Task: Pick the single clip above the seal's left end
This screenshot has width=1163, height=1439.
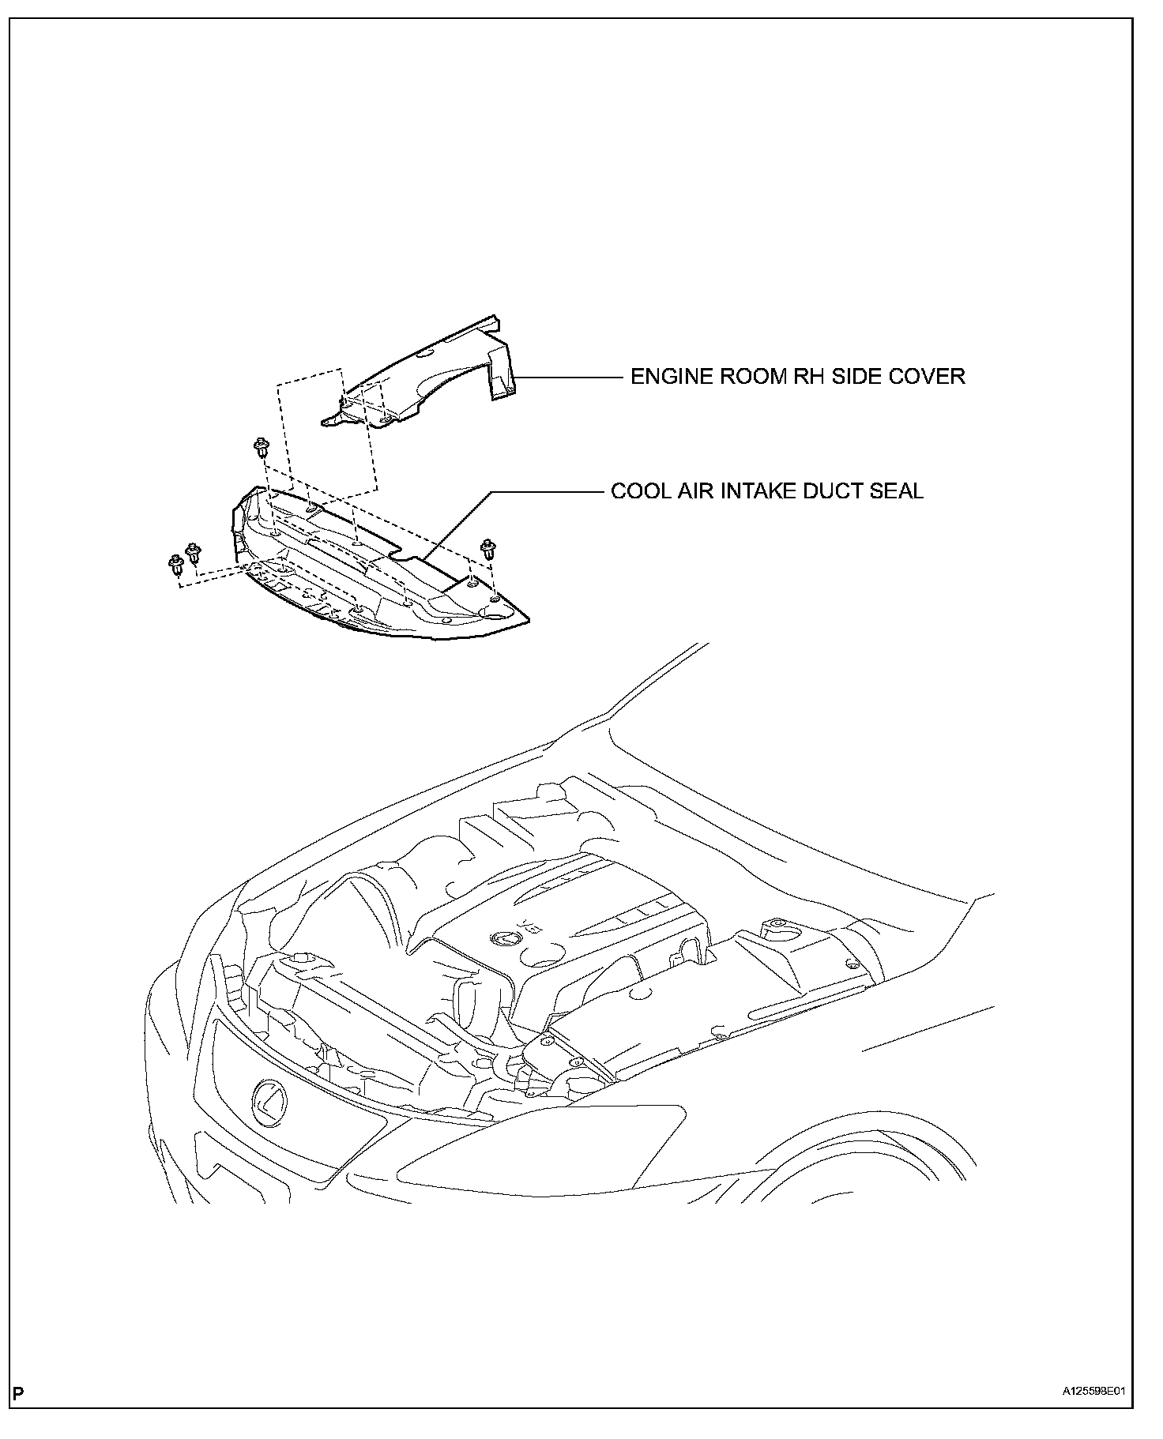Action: tap(259, 449)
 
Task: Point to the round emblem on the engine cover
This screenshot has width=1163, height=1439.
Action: tap(503, 938)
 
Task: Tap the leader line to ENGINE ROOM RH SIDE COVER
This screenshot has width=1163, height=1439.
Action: tap(569, 377)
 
